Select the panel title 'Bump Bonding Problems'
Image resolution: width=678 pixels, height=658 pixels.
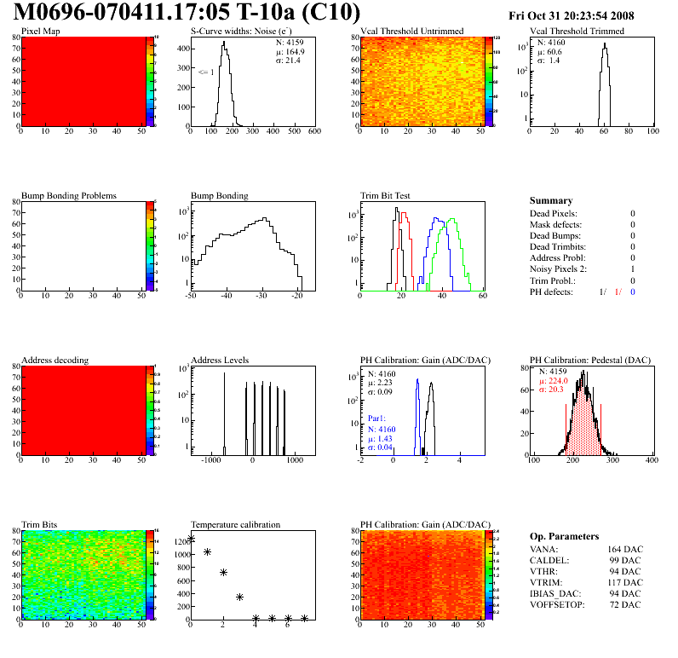click(x=69, y=195)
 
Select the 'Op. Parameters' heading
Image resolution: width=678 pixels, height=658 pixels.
click(x=564, y=536)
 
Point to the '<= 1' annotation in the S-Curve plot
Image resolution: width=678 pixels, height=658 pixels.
click(x=205, y=72)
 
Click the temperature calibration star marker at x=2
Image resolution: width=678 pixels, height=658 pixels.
click(x=223, y=573)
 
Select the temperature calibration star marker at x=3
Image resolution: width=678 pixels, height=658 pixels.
click(x=239, y=597)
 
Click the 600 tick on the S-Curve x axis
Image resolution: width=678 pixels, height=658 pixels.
click(x=313, y=131)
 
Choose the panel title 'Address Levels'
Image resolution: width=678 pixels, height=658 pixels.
click(x=220, y=360)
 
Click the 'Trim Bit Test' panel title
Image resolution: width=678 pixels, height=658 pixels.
click(x=386, y=195)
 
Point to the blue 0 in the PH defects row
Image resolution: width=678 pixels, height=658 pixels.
click(x=633, y=291)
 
